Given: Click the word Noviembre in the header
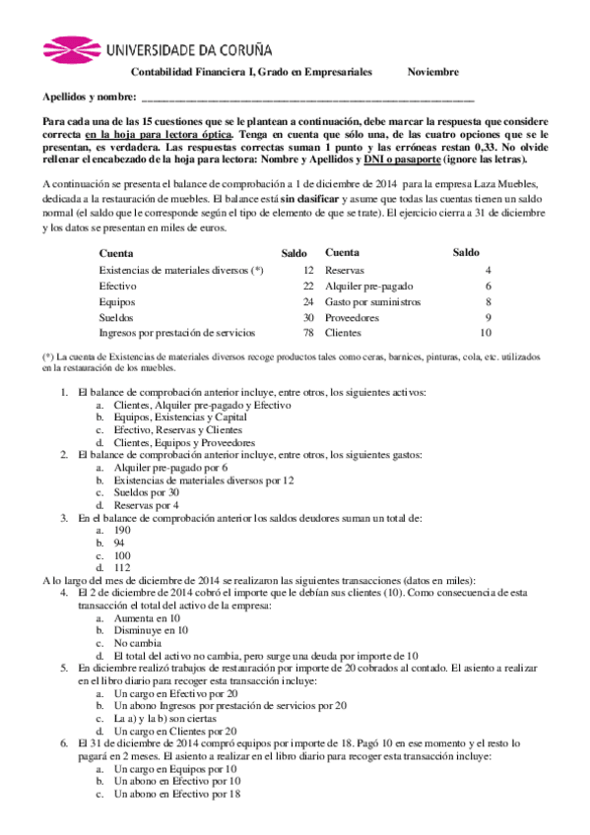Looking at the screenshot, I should coord(433,73).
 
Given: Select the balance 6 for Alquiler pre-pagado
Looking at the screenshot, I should coord(488,286).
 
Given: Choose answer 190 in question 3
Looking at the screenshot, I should coord(122,530).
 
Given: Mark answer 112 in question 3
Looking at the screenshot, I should coord(122,568).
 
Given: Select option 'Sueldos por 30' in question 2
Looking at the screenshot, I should coord(146,491).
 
